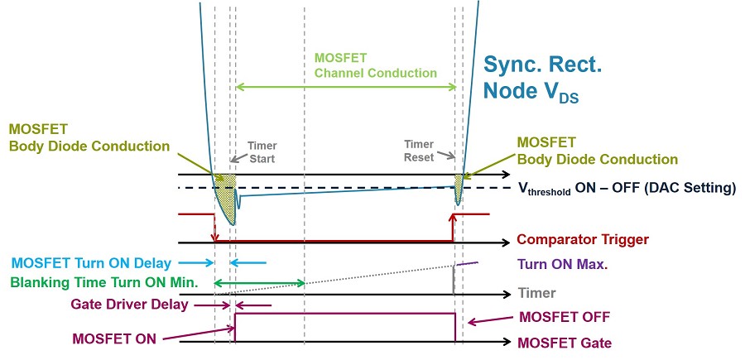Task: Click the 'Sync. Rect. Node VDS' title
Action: [542, 78]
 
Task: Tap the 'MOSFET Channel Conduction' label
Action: [375, 65]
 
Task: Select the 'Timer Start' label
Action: [262, 152]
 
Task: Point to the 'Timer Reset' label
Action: [419, 151]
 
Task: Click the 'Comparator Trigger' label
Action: [583, 239]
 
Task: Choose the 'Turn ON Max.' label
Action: [562, 264]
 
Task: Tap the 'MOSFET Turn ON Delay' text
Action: [91, 262]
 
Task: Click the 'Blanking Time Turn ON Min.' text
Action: [104, 283]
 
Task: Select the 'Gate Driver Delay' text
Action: [129, 304]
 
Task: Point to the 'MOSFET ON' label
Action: [114, 338]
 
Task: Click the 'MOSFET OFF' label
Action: [565, 317]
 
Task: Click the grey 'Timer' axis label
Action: [537, 293]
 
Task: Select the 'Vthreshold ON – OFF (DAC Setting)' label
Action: [627, 188]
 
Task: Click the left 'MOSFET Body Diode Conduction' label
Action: [89, 137]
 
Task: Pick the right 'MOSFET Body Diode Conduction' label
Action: [597, 151]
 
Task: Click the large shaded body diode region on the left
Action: [226, 194]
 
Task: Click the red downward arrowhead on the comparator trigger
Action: [214, 237]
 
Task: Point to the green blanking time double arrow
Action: [259, 284]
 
